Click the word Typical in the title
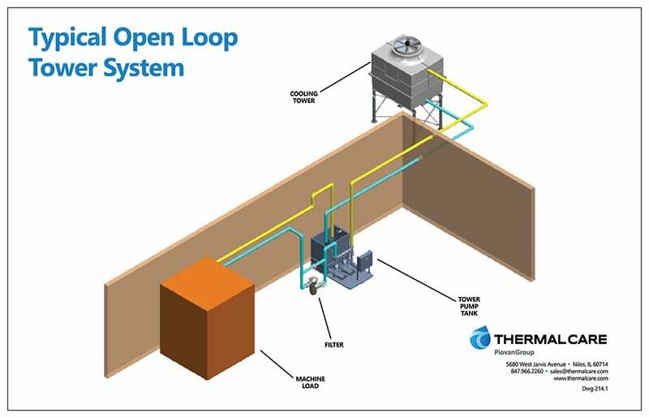tap(67, 38)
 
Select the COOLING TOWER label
tap(303, 97)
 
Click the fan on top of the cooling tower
tap(406, 45)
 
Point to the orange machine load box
tap(207, 317)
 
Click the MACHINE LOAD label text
tap(311, 382)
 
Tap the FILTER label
tap(334, 345)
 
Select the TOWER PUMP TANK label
tap(469, 306)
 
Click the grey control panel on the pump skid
tap(367, 262)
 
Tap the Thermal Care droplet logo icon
tap(480, 337)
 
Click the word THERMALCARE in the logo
tap(551, 340)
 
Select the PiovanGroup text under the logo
tap(514, 352)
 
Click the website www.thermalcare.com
tap(581, 378)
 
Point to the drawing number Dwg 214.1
tap(595, 389)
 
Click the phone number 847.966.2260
tap(527, 371)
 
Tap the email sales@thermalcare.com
tap(579, 371)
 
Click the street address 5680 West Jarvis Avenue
tap(535, 364)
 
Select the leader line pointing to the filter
tap(325, 318)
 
